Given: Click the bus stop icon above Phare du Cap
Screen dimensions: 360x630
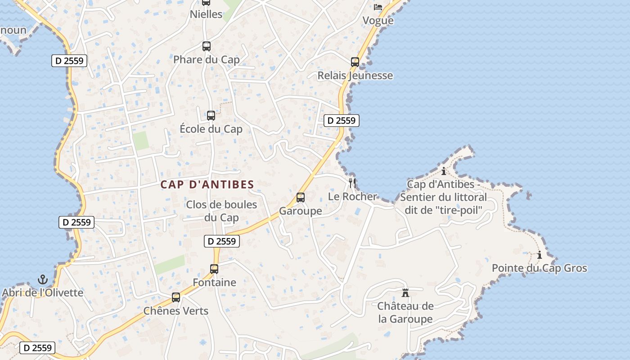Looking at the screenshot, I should (x=206, y=46).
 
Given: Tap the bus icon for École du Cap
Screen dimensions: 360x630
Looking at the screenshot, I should (x=211, y=116).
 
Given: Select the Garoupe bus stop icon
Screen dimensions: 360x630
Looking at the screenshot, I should (x=300, y=198).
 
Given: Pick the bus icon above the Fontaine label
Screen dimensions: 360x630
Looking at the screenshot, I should (x=214, y=269).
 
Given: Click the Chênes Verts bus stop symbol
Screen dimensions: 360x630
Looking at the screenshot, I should (x=175, y=297).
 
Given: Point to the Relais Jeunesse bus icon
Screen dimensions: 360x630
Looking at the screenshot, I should (x=355, y=62).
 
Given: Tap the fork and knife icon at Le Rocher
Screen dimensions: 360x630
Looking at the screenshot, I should (x=352, y=183).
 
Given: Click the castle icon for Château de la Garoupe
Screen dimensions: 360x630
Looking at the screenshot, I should (x=405, y=293).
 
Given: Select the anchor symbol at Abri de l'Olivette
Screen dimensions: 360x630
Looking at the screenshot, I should (x=43, y=279).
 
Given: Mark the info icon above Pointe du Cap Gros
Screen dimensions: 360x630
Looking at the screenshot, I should (x=539, y=255).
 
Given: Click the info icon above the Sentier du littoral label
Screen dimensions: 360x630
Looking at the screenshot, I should (x=444, y=171).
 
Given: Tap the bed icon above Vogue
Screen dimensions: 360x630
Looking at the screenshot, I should (x=378, y=7).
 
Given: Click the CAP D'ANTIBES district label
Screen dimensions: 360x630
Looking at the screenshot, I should (x=207, y=184).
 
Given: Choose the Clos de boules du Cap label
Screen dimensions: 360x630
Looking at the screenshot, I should (x=221, y=211).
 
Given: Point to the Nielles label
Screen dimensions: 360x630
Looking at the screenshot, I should (x=206, y=14).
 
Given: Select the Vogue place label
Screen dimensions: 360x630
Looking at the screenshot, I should (x=378, y=21).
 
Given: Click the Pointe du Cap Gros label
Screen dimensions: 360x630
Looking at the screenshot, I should (x=539, y=268).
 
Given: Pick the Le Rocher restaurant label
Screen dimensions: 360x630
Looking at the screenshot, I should (x=352, y=197).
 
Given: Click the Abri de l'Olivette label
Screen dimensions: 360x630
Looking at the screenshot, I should (x=43, y=293).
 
